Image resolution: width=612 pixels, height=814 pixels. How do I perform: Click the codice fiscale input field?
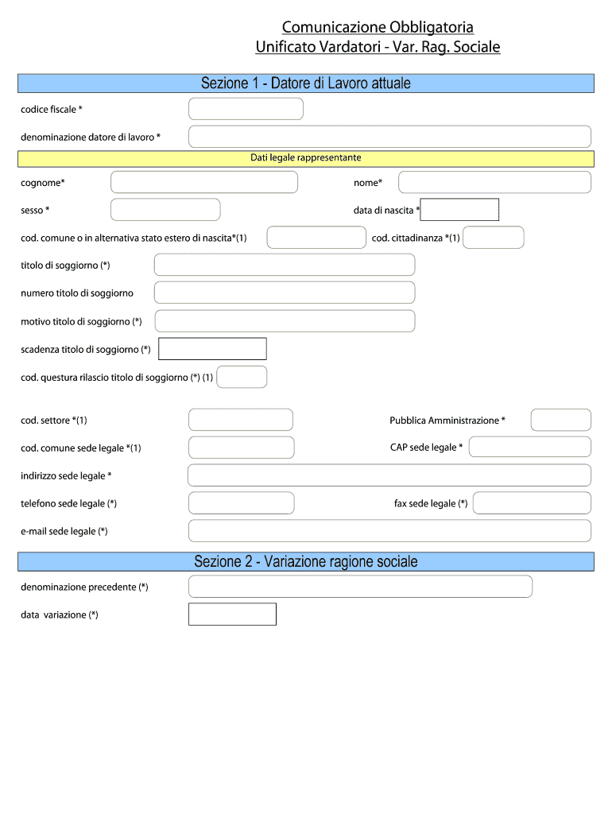pyautogui.click(x=246, y=109)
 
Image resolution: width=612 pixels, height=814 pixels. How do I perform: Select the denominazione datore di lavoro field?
pyautogui.click(x=389, y=137)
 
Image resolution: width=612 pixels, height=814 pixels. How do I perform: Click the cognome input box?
pyautogui.click(x=204, y=182)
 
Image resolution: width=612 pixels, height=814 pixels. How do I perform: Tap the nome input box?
pyautogui.click(x=494, y=182)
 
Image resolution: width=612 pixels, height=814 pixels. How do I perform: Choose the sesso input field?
pyautogui.click(x=165, y=210)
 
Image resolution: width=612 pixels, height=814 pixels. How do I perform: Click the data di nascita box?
pyautogui.click(x=459, y=210)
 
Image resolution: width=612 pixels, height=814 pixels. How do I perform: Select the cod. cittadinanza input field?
pyautogui.click(x=494, y=238)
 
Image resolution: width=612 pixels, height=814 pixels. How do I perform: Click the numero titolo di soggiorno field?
pyautogui.click(x=285, y=293)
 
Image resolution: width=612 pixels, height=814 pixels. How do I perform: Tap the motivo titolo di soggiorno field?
pyautogui.click(x=285, y=321)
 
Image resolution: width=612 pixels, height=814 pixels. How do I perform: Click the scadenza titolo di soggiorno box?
pyautogui.click(x=213, y=349)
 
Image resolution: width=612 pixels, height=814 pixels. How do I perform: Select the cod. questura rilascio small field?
pyautogui.click(x=242, y=377)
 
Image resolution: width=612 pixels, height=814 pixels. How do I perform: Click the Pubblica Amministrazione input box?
pyautogui.click(x=560, y=420)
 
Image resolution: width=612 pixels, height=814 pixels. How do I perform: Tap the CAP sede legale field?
pyautogui.click(x=530, y=447)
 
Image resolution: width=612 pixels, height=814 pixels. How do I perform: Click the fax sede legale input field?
pyautogui.click(x=532, y=503)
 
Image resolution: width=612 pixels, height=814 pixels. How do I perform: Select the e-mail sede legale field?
pyautogui.click(x=389, y=531)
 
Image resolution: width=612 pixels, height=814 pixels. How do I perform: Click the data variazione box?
pyautogui.click(x=232, y=614)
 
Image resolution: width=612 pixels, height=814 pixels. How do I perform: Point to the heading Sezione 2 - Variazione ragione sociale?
pyautogui.click(x=306, y=562)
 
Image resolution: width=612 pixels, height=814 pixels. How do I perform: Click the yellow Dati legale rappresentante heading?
pyautogui.click(x=306, y=158)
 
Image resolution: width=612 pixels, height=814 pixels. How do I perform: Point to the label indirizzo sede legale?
pyautogui.click(x=66, y=476)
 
